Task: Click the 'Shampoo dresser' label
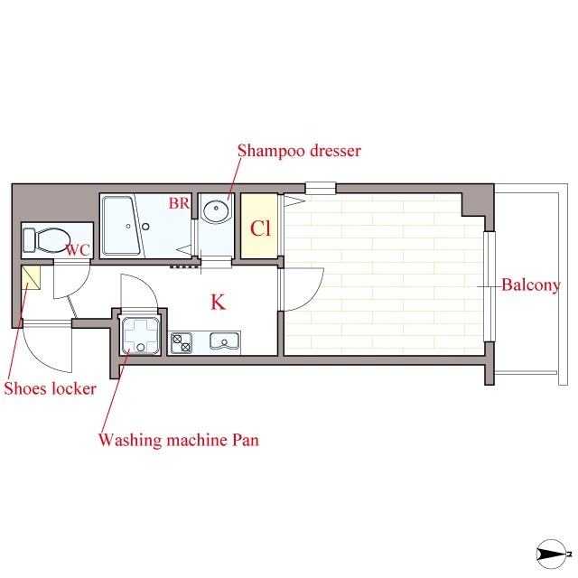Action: (x=299, y=151)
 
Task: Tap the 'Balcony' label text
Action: (x=531, y=285)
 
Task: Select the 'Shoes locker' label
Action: (x=51, y=388)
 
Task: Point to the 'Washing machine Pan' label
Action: (x=179, y=440)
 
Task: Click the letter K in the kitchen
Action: (x=218, y=302)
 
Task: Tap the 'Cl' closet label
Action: (x=260, y=228)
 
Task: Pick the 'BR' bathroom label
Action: (x=179, y=203)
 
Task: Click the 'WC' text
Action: (x=79, y=250)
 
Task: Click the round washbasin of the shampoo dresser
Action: (x=216, y=210)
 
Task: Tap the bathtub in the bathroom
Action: (x=122, y=226)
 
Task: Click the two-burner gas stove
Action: (x=181, y=343)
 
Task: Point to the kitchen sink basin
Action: (x=224, y=341)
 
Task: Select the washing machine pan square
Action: (x=141, y=335)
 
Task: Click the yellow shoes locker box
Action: (x=31, y=277)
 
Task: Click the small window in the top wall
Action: (x=321, y=188)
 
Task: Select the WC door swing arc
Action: (x=79, y=287)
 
